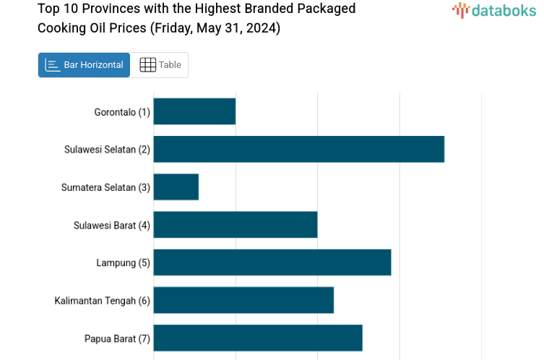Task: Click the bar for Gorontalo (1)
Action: [194, 111]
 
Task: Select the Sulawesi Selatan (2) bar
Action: [298, 149]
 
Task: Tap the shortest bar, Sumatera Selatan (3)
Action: [176, 187]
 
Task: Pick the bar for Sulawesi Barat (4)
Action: [236, 225]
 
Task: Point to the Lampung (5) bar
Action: [272, 262]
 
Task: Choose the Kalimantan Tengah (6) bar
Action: [243, 300]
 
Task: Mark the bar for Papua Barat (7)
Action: [258, 338]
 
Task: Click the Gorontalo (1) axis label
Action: [122, 112]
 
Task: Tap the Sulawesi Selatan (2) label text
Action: [107, 150]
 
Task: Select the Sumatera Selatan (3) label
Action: [105, 187]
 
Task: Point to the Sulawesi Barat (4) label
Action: [112, 225]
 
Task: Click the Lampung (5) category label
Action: [123, 262]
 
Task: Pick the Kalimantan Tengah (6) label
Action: [102, 301]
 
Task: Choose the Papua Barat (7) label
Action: [117, 338]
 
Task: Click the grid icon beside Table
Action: [147, 65]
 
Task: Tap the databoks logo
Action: [494, 10]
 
